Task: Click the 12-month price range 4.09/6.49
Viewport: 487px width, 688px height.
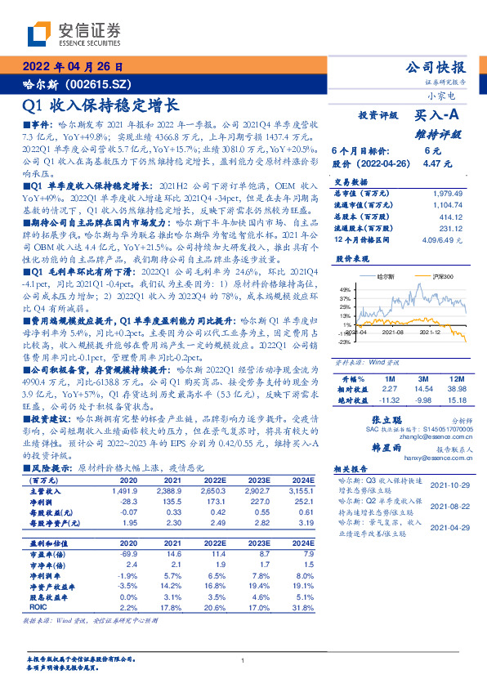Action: point(435,239)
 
